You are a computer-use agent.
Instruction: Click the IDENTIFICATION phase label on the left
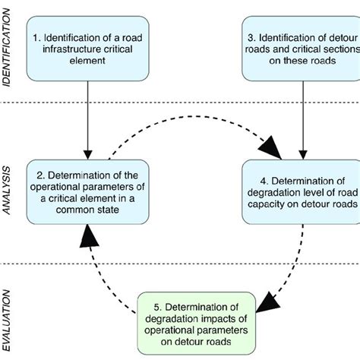click(x=8, y=49)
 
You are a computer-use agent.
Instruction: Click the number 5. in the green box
click(x=149, y=306)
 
